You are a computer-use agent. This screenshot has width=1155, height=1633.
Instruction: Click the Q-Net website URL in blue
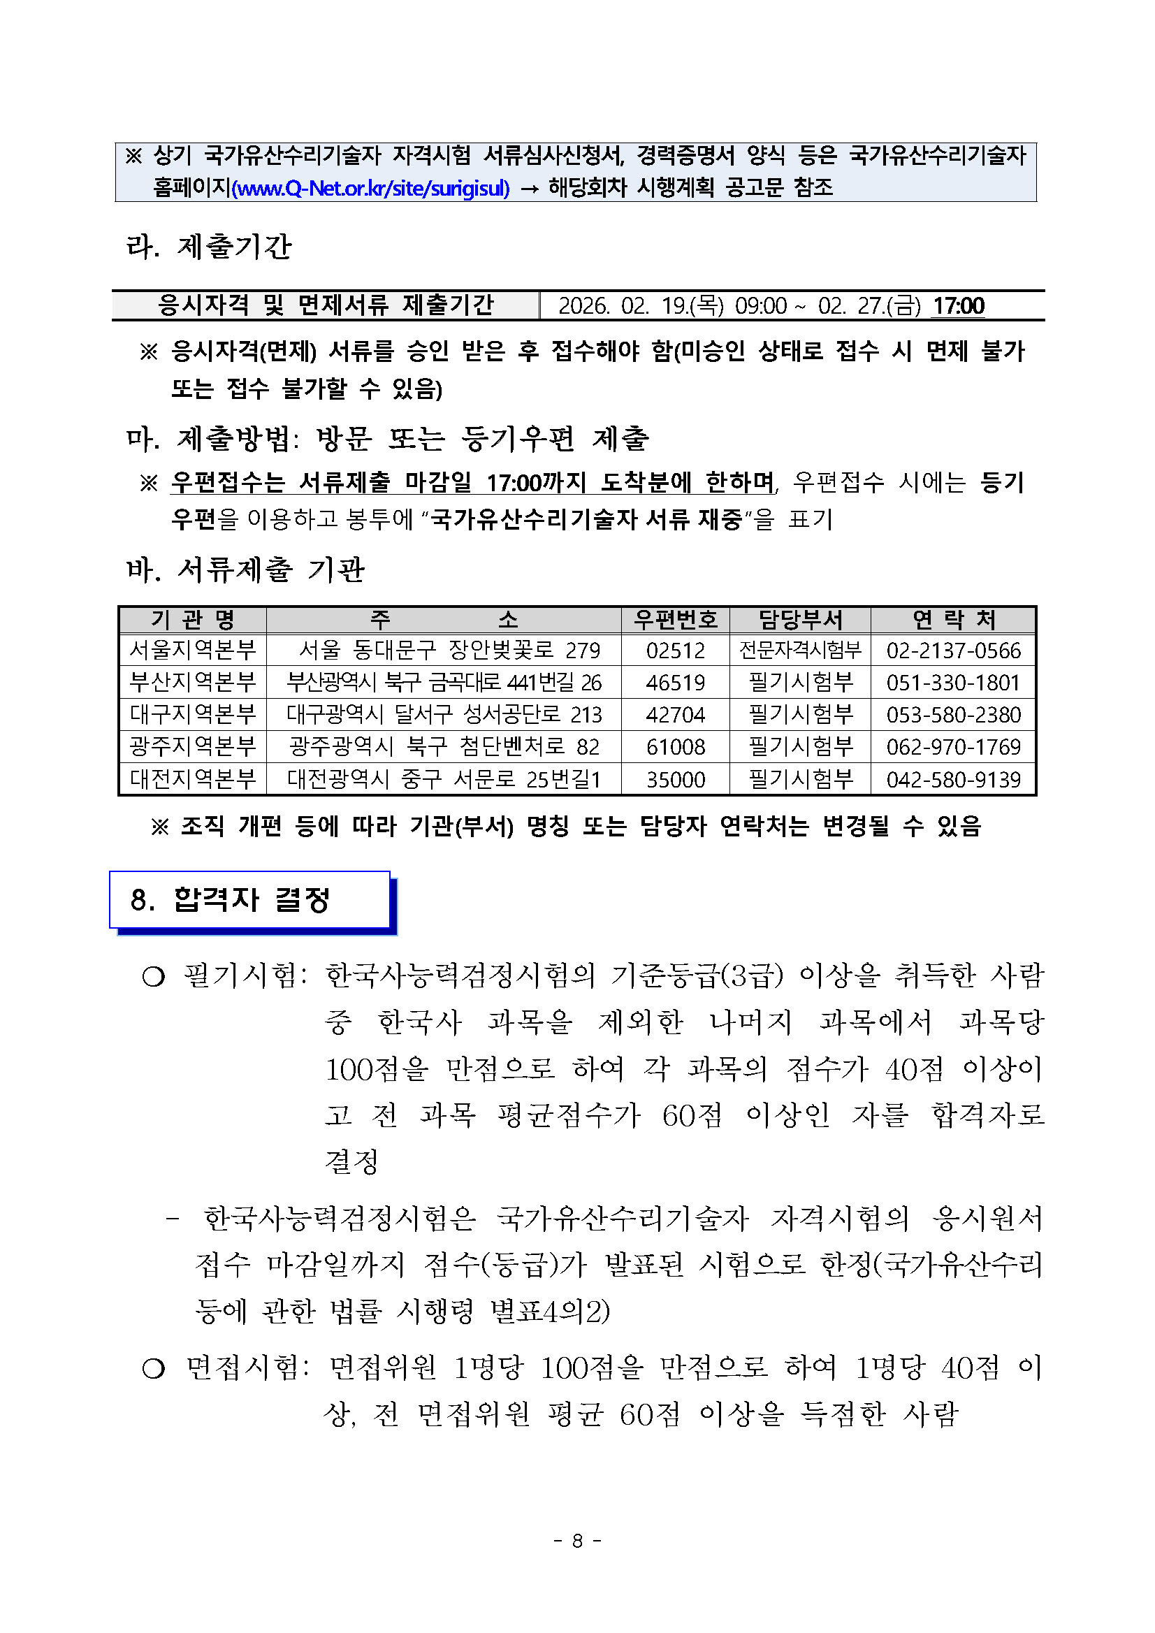(370, 189)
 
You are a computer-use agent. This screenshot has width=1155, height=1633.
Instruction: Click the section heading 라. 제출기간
(208, 247)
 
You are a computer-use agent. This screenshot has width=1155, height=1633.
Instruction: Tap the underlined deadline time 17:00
(958, 306)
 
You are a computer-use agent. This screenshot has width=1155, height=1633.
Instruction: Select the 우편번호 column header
(675, 620)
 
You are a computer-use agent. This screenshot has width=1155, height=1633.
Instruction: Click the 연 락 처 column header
(953, 620)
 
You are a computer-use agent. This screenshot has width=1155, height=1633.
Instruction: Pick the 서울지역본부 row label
(192, 650)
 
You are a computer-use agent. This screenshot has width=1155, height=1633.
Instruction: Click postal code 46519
(675, 683)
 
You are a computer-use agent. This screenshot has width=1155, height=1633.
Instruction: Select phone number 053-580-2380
(953, 715)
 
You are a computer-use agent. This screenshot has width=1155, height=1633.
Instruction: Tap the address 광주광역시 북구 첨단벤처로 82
(444, 747)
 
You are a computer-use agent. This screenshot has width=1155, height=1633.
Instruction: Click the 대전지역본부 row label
(192, 780)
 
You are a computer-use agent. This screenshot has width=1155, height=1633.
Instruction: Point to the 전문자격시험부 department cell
(800, 650)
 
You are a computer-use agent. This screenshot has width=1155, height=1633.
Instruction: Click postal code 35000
(675, 780)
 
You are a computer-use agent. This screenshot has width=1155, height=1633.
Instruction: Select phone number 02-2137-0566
(953, 650)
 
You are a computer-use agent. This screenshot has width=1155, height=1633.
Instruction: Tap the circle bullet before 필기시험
(153, 978)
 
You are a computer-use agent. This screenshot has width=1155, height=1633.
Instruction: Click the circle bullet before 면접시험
(153, 1367)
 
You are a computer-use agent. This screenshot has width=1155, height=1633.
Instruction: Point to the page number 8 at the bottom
(577, 1541)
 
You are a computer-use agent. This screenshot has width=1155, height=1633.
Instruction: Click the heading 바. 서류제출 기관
(245, 569)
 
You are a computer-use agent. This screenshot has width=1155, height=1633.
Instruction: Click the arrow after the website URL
(529, 189)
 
